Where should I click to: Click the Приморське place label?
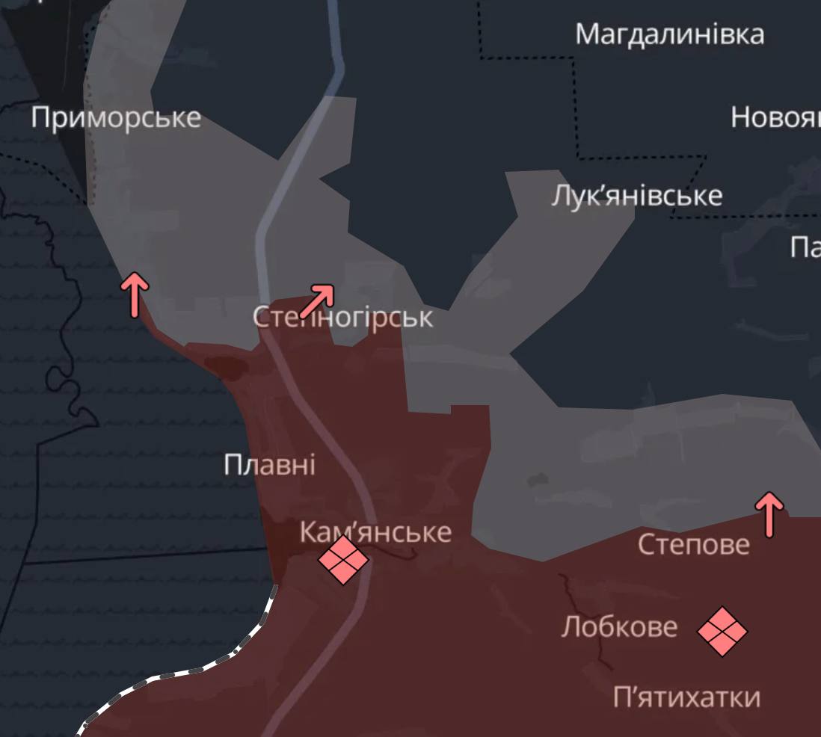point(116,117)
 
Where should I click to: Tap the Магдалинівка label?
point(670,34)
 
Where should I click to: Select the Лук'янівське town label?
point(637,196)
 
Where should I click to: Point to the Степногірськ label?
point(342,318)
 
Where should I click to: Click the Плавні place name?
point(269,465)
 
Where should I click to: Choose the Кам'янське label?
point(375,532)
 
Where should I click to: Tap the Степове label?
point(693,544)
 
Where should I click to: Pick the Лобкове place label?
point(619,626)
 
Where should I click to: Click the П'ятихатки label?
point(686,697)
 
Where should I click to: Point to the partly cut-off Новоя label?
point(775,117)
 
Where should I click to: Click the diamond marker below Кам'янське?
point(343,560)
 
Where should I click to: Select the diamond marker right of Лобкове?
point(722,632)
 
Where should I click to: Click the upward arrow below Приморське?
point(135,295)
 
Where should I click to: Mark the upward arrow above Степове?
point(769,514)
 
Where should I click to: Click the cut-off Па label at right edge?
point(805,247)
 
